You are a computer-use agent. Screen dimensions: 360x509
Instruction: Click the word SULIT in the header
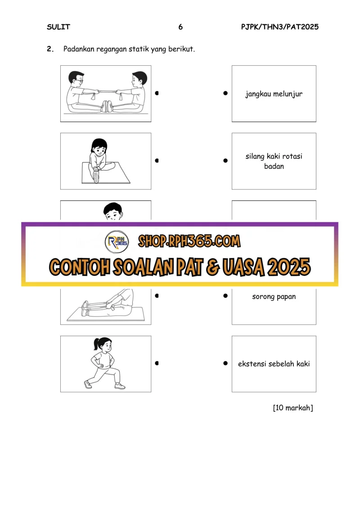pyautogui.click(x=58, y=27)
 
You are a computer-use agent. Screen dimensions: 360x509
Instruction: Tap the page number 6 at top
pyautogui.click(x=180, y=27)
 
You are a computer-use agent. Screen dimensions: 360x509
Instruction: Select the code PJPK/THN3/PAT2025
pyautogui.click(x=280, y=27)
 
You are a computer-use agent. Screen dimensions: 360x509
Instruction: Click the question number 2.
pyautogui.click(x=50, y=49)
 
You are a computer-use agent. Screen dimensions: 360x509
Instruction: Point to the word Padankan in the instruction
pyautogui.click(x=79, y=49)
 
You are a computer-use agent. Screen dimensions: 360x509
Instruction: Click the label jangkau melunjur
pyautogui.click(x=274, y=94)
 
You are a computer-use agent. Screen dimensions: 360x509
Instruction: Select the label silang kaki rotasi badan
pyautogui.click(x=274, y=161)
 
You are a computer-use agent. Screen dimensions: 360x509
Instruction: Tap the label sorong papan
pyautogui.click(x=274, y=297)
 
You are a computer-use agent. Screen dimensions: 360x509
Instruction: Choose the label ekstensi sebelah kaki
pyautogui.click(x=274, y=364)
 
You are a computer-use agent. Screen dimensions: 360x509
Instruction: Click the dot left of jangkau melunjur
pyautogui.click(x=225, y=93)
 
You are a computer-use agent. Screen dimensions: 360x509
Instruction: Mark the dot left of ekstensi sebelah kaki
pyautogui.click(x=225, y=363)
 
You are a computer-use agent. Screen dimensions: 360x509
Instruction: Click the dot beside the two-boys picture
pyautogui.click(x=157, y=93)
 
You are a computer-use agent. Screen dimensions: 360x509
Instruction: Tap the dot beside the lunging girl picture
pyautogui.click(x=157, y=363)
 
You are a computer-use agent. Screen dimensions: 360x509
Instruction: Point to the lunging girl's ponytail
pyautogui.click(x=96, y=344)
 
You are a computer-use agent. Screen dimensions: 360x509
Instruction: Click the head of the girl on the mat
pyautogui.click(x=99, y=147)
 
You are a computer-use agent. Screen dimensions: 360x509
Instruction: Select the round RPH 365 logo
pyautogui.click(x=117, y=242)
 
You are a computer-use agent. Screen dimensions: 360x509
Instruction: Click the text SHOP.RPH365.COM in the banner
pyautogui.click(x=189, y=241)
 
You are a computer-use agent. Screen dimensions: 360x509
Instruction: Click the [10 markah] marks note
pyautogui.click(x=293, y=408)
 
